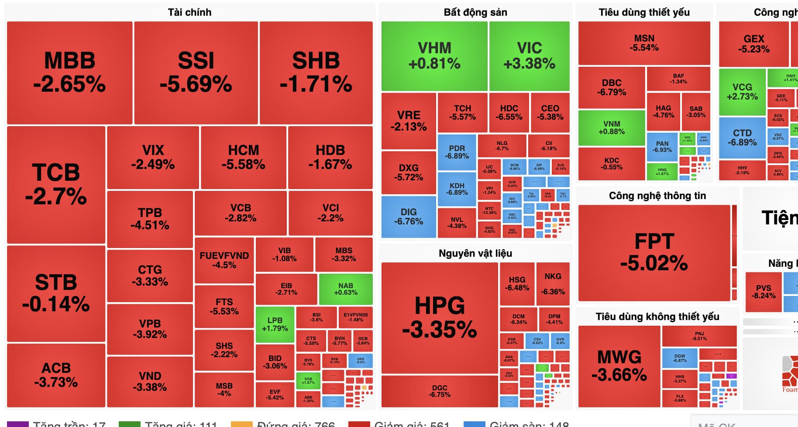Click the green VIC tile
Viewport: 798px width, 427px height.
[x=529, y=56]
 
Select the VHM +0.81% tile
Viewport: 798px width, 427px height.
[x=434, y=56]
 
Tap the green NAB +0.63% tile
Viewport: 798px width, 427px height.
[x=346, y=289]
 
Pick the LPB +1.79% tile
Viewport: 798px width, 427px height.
[x=275, y=324]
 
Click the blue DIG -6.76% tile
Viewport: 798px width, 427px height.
[x=409, y=217]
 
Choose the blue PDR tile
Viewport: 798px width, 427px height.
[x=457, y=152]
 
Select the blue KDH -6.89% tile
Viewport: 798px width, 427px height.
[x=457, y=189]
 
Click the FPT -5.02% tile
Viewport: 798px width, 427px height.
[x=654, y=252]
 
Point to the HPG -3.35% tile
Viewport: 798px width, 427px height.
[x=440, y=317]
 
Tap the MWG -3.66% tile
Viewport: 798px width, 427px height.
[x=619, y=366]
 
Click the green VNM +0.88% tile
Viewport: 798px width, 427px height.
[x=612, y=127]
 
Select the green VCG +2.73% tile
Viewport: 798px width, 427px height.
[x=742, y=92]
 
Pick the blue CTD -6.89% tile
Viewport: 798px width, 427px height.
[x=742, y=138]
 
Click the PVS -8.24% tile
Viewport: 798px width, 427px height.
[x=763, y=291]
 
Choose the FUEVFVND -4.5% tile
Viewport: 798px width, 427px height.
[x=224, y=260]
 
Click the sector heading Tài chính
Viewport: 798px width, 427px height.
[x=189, y=12]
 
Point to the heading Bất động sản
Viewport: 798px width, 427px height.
[x=475, y=12]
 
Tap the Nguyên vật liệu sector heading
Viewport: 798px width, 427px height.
[x=475, y=253]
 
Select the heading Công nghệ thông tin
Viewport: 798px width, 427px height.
[x=657, y=196]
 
